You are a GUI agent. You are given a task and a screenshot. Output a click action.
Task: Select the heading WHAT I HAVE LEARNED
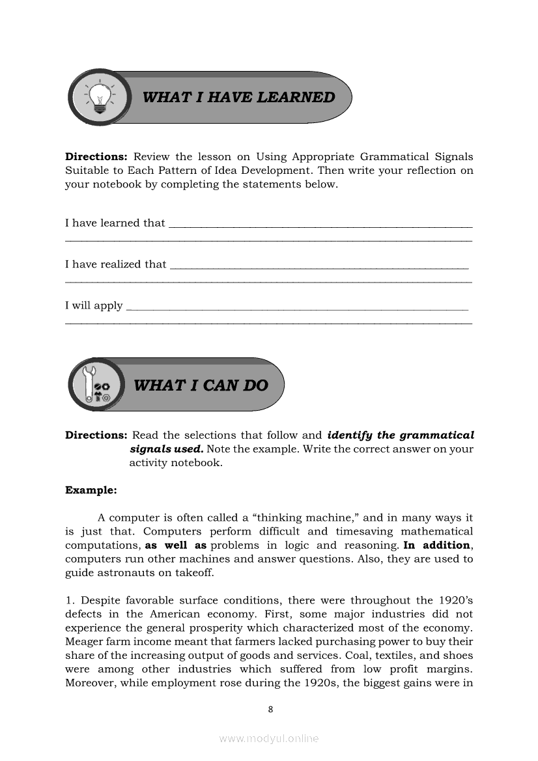tap(238, 98)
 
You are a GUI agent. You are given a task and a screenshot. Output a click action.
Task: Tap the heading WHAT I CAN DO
tap(201, 385)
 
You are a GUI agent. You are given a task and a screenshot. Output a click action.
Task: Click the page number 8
tap(270, 710)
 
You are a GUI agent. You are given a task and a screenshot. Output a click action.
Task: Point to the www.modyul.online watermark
tap(269, 739)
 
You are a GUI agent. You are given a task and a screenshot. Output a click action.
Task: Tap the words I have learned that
tap(115, 223)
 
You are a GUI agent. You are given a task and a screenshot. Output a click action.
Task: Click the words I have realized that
tap(115, 264)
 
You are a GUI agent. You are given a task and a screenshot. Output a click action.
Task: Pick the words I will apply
tap(94, 305)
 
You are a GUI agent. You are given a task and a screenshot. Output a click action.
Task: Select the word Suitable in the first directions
tap(86, 171)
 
